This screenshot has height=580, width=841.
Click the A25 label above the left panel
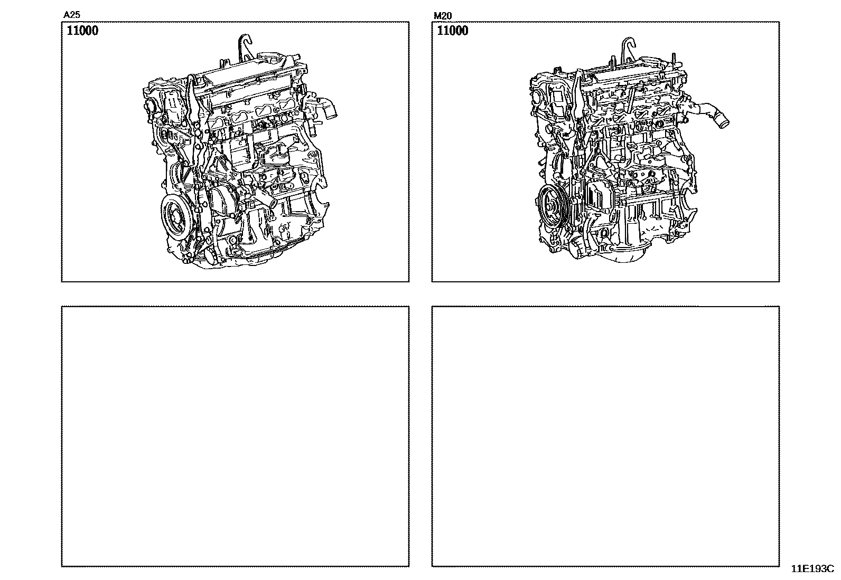(x=71, y=15)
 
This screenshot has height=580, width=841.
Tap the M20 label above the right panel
(x=443, y=16)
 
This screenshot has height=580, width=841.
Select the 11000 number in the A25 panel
(x=82, y=31)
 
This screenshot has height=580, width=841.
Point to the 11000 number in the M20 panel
(x=453, y=31)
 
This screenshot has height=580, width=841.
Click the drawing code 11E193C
(x=812, y=569)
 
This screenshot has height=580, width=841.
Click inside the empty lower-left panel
(x=236, y=436)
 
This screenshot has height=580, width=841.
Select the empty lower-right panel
(x=605, y=436)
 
